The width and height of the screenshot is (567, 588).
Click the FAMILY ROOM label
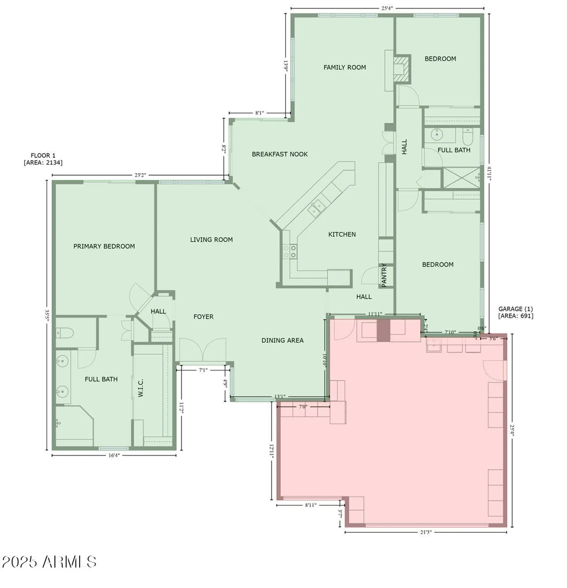point(344,67)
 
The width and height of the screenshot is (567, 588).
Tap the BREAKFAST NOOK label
point(279,154)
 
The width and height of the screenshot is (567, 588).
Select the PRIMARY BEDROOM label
point(104,246)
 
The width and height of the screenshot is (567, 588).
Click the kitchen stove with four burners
point(290,251)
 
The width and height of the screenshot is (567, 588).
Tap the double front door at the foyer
point(203,350)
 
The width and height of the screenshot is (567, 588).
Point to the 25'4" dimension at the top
point(387,8)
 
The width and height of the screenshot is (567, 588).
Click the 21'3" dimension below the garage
point(426,532)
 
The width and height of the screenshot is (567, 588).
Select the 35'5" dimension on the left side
point(47,316)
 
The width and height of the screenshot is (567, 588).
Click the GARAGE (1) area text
point(515,312)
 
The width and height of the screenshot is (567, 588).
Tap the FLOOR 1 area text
point(43,159)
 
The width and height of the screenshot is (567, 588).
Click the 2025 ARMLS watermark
point(49,562)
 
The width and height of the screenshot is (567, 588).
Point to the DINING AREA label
point(282,340)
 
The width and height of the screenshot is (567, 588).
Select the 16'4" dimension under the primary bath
point(114,455)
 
